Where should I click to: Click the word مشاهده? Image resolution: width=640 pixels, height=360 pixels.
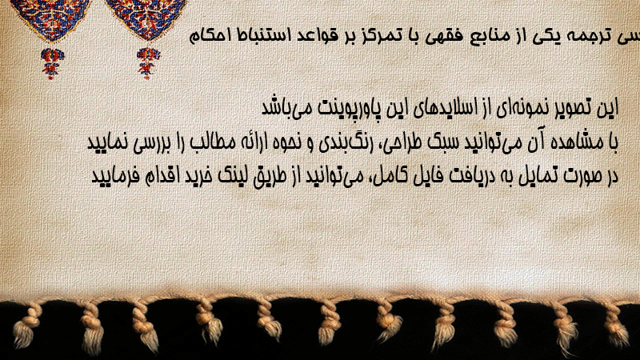570,142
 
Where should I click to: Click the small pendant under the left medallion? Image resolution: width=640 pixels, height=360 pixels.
52,63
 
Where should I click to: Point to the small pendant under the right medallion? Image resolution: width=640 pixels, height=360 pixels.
147,63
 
